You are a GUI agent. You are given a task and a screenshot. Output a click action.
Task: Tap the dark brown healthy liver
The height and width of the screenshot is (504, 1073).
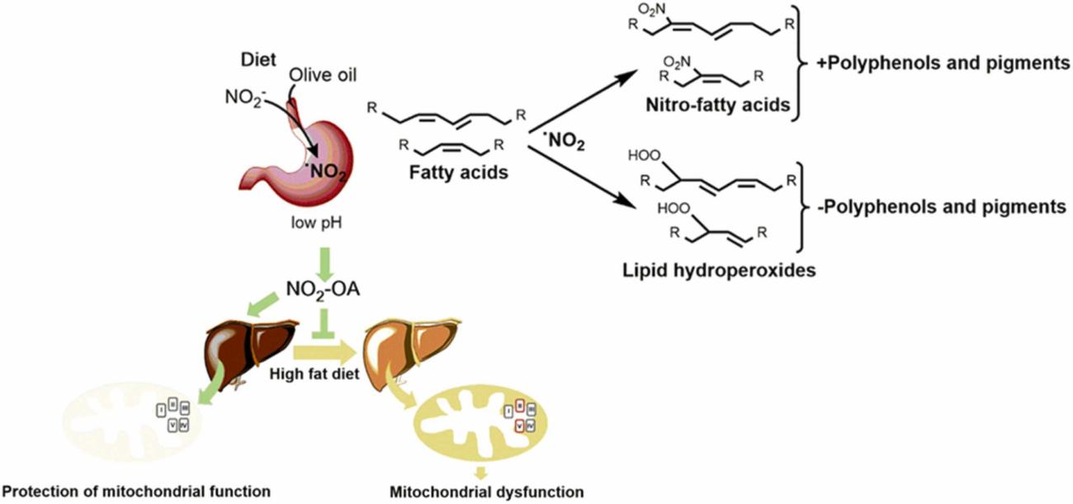coord(248,346)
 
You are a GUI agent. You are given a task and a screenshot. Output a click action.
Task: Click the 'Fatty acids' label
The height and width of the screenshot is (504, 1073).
coord(458,174)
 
